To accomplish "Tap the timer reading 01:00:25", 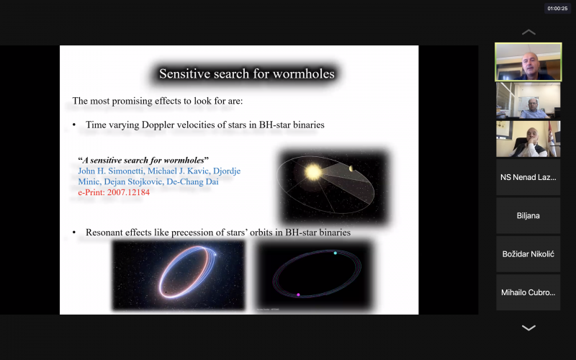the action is (557, 9).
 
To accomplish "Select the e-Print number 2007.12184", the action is (128, 192).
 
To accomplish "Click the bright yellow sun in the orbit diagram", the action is (313, 172).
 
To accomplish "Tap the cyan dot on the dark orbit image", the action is (335, 253).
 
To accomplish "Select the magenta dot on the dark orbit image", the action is (298, 294).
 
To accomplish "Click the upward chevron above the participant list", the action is (528, 32).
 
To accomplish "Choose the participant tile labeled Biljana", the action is (528, 215).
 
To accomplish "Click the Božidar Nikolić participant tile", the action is (528, 254).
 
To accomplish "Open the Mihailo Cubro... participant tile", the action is (528, 293).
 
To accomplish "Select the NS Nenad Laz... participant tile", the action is (528, 177).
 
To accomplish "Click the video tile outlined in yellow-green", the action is (528, 62).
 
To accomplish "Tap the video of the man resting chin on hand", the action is (528, 139).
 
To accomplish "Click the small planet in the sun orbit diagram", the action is (351, 168).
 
